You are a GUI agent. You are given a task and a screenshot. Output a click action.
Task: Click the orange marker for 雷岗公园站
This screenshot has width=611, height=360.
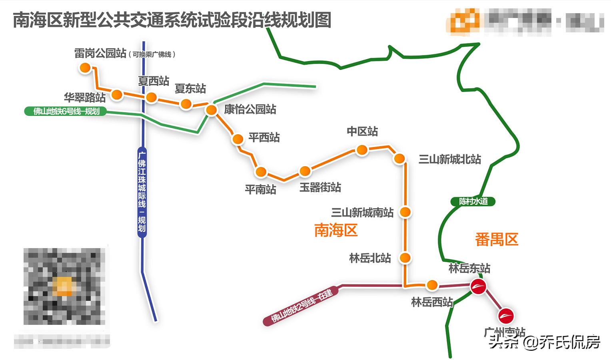[85, 68]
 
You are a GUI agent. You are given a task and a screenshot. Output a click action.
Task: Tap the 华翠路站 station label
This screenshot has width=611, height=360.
[85, 97]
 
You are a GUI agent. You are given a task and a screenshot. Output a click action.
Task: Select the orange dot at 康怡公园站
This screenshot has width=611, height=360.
[211, 110]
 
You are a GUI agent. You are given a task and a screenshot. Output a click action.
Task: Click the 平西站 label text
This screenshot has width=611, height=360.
[264, 137]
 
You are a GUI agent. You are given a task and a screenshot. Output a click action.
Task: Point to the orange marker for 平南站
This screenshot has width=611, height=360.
[261, 172]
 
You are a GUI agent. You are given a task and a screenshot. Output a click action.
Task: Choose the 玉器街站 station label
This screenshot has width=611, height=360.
[320, 187]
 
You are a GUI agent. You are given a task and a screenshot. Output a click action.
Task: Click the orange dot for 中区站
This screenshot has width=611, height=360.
[362, 150]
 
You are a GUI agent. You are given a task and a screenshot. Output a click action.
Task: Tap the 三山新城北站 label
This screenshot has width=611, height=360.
[449, 159]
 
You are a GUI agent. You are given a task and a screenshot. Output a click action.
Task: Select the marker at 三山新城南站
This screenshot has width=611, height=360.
[405, 212]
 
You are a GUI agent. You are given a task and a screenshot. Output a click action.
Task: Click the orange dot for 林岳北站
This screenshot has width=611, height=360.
[405, 258]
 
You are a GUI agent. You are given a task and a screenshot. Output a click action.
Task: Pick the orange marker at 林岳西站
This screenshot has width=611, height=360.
[432, 285]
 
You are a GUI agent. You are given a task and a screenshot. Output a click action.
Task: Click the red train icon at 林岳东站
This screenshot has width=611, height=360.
[478, 286]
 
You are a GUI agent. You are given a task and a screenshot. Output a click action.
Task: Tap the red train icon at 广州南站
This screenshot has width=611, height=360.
[506, 316]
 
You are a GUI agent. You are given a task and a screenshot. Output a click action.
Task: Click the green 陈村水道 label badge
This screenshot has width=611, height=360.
[473, 201]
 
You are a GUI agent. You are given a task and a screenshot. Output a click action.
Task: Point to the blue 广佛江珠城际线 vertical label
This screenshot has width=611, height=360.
[142, 192]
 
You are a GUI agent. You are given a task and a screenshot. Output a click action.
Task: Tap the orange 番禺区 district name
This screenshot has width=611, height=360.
[496, 239]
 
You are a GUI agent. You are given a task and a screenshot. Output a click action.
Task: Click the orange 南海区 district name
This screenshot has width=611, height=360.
[335, 231]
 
